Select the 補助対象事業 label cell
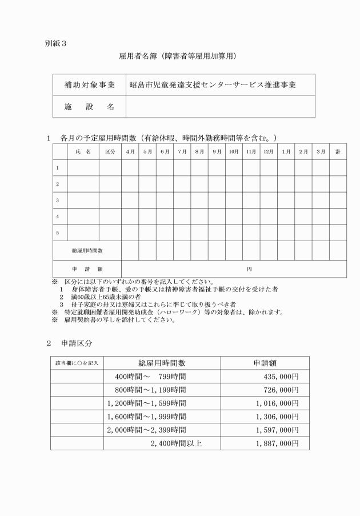[89, 85]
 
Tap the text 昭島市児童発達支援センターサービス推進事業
[213, 85]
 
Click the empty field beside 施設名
[220, 107]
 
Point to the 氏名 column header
[83, 151]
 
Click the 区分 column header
[110, 151]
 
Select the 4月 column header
[130, 151]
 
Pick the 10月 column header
[234, 151]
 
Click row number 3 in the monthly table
[58, 201]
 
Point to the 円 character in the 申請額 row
[249, 268]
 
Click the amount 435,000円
[278, 377]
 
